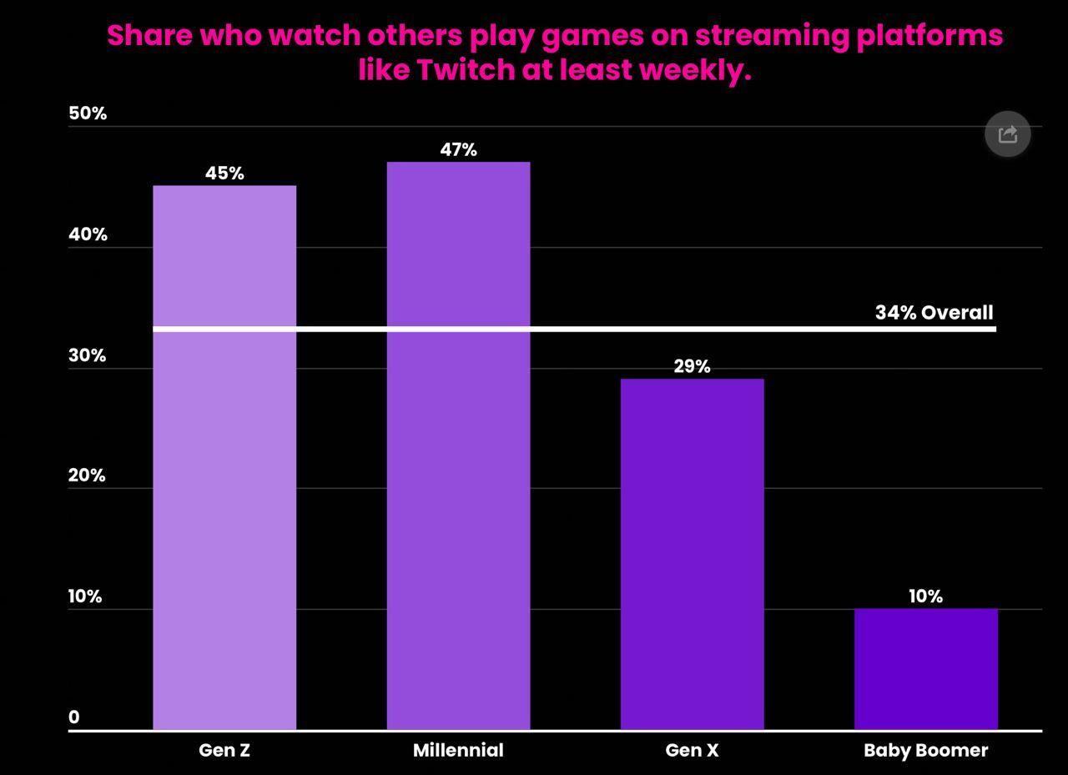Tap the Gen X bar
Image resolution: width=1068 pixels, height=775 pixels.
tap(692, 555)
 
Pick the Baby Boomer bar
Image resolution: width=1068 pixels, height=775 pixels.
tap(925, 669)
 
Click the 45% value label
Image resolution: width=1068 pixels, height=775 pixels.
tap(224, 174)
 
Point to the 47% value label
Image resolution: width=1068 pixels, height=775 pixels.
tap(458, 150)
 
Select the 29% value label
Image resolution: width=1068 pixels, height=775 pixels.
tap(692, 366)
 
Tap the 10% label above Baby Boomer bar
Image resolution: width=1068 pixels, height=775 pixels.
tap(925, 596)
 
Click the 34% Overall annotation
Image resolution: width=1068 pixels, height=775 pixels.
tap(934, 313)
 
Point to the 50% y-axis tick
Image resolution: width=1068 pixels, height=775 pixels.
tap(88, 113)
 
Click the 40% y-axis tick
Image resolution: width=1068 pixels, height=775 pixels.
tap(88, 234)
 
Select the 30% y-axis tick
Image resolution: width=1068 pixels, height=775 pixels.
tap(88, 355)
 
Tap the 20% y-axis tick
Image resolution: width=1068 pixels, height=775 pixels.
tap(88, 476)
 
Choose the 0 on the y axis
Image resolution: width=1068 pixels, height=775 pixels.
tap(74, 717)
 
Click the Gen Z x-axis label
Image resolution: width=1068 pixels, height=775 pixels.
tap(224, 750)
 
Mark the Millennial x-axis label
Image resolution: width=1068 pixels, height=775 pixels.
tap(458, 750)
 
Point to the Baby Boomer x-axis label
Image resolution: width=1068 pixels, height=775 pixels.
tap(925, 750)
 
